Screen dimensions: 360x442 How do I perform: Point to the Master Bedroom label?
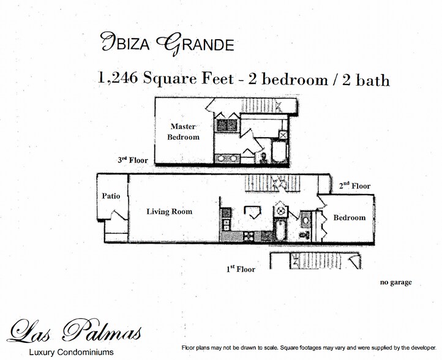pos(183,132)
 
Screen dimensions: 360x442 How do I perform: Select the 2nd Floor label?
pos(355,186)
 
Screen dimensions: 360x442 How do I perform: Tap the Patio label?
pos(111,197)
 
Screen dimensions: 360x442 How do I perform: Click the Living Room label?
pos(169,212)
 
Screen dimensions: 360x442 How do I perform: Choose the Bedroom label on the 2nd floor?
pos(350,218)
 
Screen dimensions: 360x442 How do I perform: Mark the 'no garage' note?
pos(395,282)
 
